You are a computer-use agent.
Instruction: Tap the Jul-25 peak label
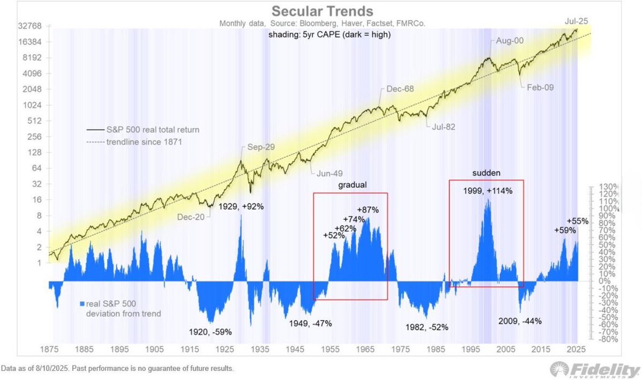(x=576, y=21)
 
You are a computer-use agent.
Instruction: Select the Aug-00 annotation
(x=503, y=41)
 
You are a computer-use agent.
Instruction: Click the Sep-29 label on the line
(x=259, y=147)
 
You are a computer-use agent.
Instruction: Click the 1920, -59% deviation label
(x=209, y=332)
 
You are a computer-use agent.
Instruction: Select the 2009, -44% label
(x=519, y=321)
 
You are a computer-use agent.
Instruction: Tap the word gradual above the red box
(x=352, y=184)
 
